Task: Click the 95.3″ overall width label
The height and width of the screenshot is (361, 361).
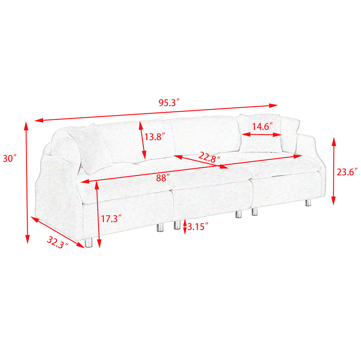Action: [169, 102]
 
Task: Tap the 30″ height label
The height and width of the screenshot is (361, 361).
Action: [10, 159]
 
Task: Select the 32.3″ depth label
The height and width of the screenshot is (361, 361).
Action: [57, 243]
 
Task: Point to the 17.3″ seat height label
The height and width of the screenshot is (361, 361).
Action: [111, 219]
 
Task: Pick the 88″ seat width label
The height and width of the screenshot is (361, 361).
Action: [163, 178]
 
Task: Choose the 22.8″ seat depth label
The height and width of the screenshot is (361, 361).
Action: [209, 157]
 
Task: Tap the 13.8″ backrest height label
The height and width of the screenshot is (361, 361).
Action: [155, 137]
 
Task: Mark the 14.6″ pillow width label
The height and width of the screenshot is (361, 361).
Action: [262, 127]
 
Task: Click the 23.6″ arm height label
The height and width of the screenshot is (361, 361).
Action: [347, 172]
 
